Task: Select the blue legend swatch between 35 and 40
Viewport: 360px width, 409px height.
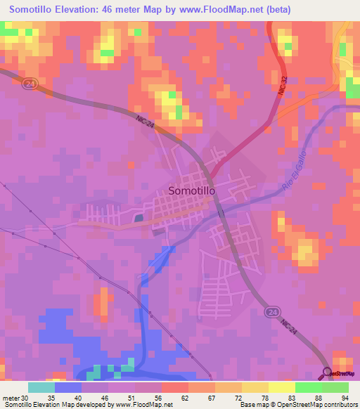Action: (68, 387)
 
